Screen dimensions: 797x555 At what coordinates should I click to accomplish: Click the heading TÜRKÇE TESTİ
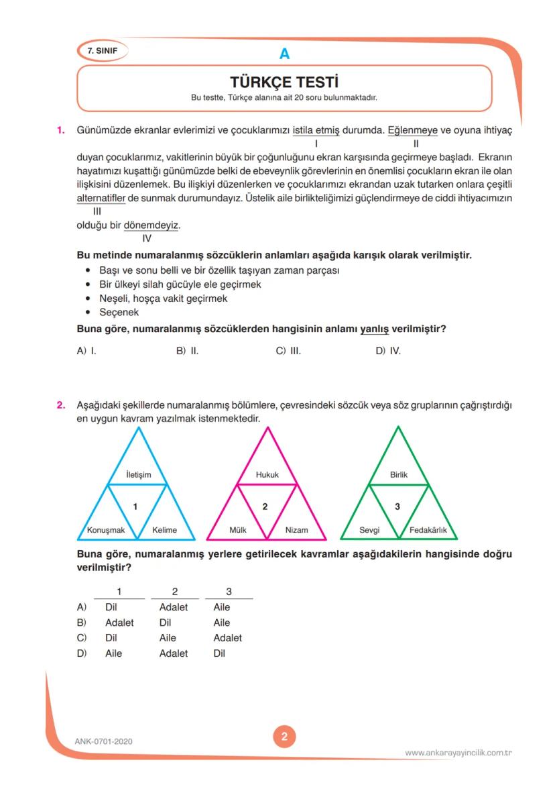pos(284,82)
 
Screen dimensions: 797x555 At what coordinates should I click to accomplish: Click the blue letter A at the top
pos(284,54)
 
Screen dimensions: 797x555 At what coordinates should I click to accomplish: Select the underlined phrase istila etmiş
pos(316,129)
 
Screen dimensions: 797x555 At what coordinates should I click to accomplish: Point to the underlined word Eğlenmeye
pos(412,129)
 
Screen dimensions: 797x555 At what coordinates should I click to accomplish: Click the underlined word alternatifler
pos(101,199)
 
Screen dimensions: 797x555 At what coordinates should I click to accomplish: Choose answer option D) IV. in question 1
pos(388,350)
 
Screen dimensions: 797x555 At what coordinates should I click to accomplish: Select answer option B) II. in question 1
pos(188,350)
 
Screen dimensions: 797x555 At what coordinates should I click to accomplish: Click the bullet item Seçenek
pos(119,313)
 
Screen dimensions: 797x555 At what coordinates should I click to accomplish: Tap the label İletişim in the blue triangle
pos(139,475)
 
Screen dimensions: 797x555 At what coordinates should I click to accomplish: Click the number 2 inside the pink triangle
pos(265,507)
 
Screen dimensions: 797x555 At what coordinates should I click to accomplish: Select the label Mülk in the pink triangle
pos(238,530)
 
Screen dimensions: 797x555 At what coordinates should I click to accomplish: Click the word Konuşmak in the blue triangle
pos(106,530)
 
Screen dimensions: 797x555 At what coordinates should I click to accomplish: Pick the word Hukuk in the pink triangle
pos(267,475)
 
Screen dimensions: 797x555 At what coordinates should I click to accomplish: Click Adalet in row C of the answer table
pos(227,638)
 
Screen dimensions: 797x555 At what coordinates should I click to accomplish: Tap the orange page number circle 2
pos(284,737)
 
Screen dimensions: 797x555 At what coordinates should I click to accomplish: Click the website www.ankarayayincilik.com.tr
pos(458,753)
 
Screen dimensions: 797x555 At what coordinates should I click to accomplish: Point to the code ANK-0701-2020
pos(104,741)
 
